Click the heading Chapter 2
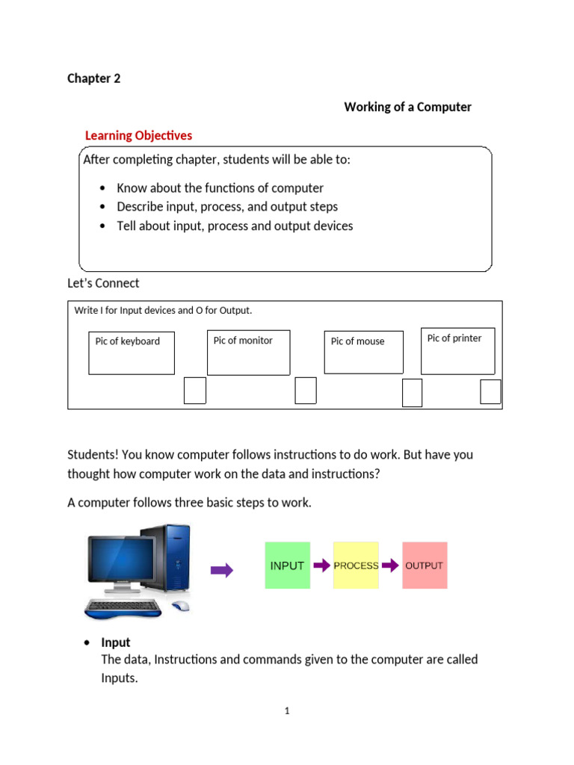(93, 78)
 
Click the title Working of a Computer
(407, 107)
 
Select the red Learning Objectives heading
(138, 135)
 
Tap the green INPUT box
(287, 566)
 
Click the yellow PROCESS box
(356, 566)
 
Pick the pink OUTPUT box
(424, 566)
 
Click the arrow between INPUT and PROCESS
(321, 566)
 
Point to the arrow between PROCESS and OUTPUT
(390, 566)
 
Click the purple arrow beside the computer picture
(222, 571)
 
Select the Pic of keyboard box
(132, 353)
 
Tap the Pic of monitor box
(248, 353)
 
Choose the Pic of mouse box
(363, 352)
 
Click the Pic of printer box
(457, 350)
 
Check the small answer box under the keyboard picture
(194, 391)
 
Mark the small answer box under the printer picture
(490, 391)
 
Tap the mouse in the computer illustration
(179, 606)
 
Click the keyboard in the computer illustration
(123, 607)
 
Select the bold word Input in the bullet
(116, 642)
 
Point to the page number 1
(286, 711)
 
